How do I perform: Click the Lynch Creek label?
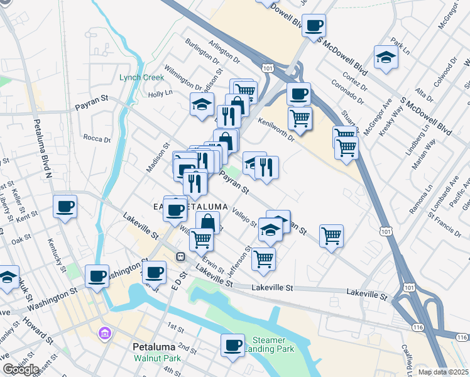click(142, 78)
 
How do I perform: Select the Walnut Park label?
click(156, 359)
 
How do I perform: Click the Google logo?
click(21, 369)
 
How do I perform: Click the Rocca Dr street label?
click(97, 138)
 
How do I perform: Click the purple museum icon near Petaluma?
click(104, 332)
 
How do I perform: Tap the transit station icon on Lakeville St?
click(180, 256)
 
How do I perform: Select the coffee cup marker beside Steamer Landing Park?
click(232, 344)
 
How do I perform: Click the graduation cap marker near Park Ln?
click(385, 57)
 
